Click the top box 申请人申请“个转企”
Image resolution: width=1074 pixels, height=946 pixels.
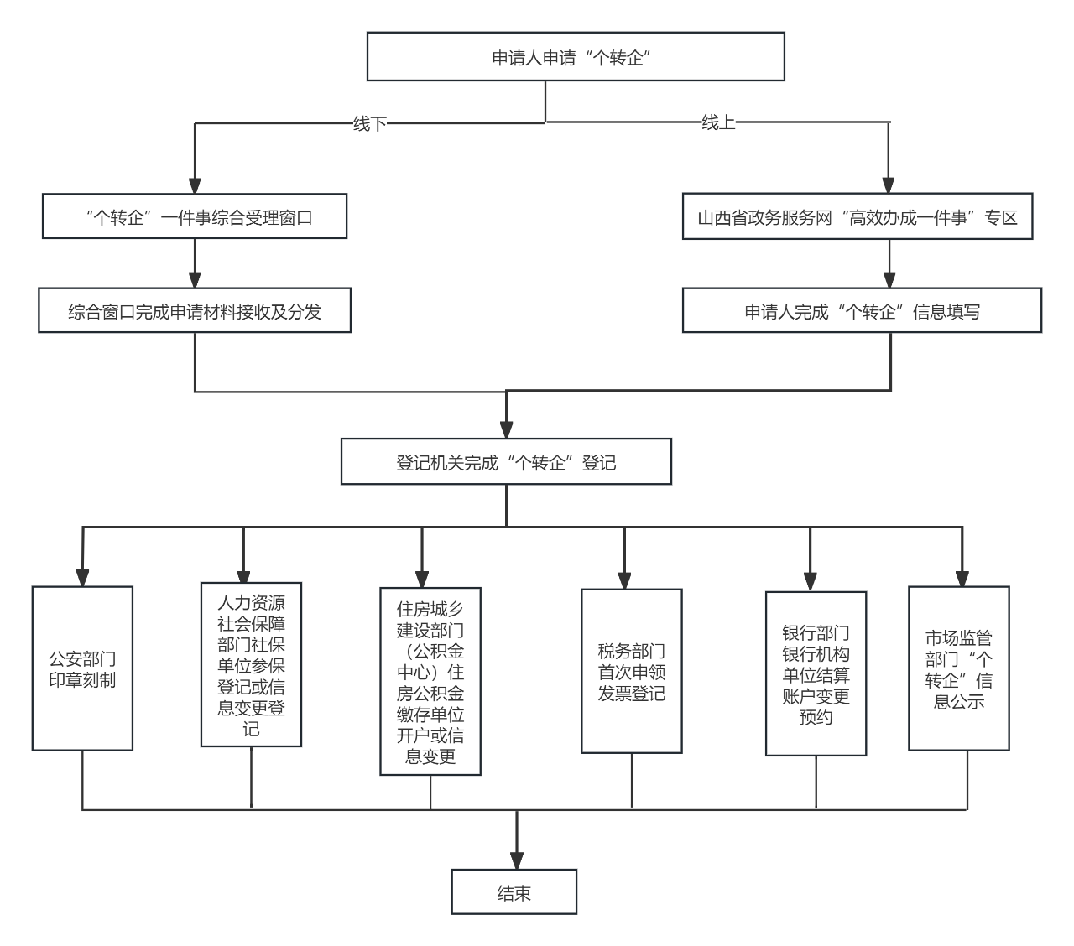[x=576, y=57]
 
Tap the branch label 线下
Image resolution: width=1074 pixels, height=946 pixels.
[x=369, y=124]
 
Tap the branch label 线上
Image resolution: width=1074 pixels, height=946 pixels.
[x=718, y=122]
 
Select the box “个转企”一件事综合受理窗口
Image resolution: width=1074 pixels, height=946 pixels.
[x=195, y=216]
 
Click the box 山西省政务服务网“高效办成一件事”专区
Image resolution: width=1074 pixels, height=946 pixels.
[x=858, y=217]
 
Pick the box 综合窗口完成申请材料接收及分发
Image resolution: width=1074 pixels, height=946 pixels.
[x=195, y=311]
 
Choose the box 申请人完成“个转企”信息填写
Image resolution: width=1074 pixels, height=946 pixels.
[x=862, y=311]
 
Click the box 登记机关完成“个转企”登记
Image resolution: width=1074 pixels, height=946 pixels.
[x=506, y=462]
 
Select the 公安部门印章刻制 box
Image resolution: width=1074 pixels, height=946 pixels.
[x=82, y=668]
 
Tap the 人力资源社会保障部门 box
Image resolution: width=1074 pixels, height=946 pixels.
[x=251, y=665]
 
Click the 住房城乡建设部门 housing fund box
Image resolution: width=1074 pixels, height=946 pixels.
[x=430, y=682]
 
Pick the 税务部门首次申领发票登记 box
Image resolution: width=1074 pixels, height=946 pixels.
[x=631, y=672]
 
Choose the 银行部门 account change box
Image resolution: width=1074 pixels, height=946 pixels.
[x=816, y=674]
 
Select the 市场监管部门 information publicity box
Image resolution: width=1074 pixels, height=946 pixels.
[x=958, y=668]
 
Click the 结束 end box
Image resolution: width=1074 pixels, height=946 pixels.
[x=514, y=892]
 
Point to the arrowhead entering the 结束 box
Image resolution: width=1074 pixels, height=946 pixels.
[x=516, y=860]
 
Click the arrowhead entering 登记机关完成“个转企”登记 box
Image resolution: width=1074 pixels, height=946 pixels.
[x=506, y=429]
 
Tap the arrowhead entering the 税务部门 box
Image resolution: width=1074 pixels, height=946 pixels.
[x=624, y=580]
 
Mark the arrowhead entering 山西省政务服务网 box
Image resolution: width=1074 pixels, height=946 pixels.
[x=889, y=185]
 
